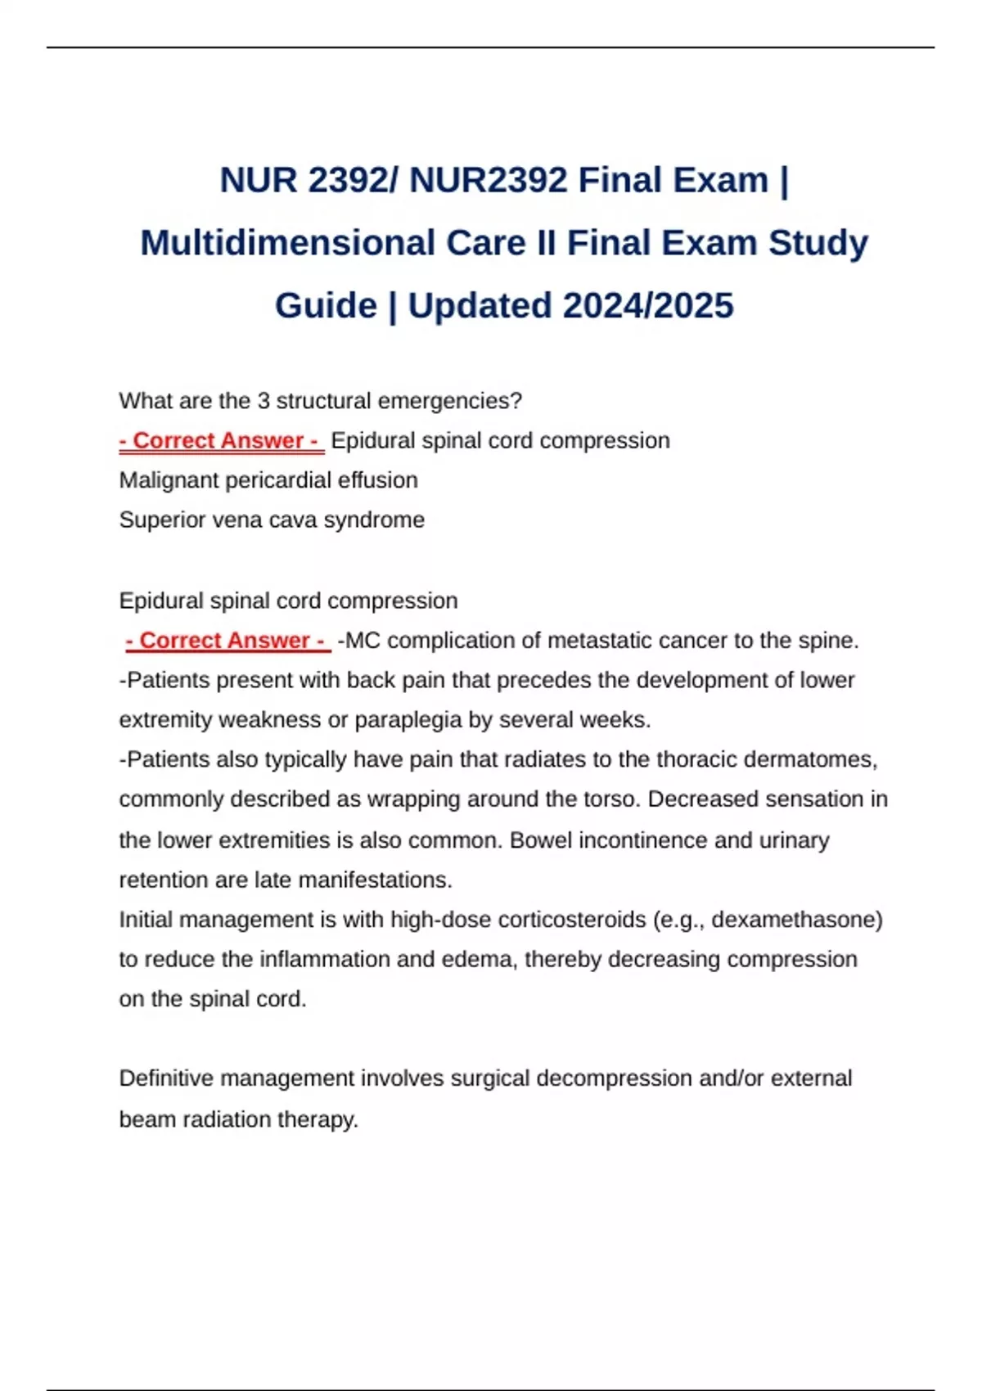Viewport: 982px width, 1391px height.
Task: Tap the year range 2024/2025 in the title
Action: tap(648, 306)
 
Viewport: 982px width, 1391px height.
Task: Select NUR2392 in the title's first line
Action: tap(488, 180)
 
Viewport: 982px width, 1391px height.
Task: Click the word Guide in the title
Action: tap(326, 306)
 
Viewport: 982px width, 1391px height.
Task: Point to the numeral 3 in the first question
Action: tap(264, 401)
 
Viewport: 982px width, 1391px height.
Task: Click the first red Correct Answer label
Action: tap(222, 440)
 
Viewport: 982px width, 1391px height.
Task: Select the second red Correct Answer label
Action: tap(228, 640)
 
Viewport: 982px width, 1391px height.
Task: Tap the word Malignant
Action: tap(169, 479)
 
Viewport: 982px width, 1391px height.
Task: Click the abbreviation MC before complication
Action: tap(363, 640)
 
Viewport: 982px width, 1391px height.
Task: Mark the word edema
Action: tap(479, 959)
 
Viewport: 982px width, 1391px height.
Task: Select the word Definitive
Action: tap(167, 1078)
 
